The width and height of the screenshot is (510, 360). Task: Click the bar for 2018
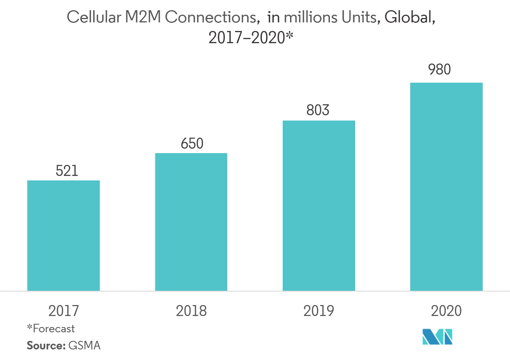click(x=191, y=222)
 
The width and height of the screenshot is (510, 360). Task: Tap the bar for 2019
click(x=319, y=206)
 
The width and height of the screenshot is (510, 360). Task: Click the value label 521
click(x=67, y=171)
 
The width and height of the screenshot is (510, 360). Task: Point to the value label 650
click(x=192, y=144)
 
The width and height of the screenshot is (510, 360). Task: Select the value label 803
click(x=318, y=110)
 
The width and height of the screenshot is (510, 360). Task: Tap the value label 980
click(x=439, y=70)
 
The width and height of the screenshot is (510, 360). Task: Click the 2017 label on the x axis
click(x=64, y=311)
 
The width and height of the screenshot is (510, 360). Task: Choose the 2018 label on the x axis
click(x=191, y=311)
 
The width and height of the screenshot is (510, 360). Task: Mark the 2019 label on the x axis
click(x=319, y=311)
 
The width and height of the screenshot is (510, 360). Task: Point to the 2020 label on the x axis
click(x=446, y=311)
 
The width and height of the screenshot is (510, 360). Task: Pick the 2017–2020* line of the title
click(x=251, y=38)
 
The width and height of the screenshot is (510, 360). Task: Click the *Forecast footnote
click(x=51, y=328)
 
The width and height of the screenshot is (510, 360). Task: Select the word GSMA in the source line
click(x=84, y=346)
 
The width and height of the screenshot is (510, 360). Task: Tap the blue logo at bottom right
click(x=437, y=337)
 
